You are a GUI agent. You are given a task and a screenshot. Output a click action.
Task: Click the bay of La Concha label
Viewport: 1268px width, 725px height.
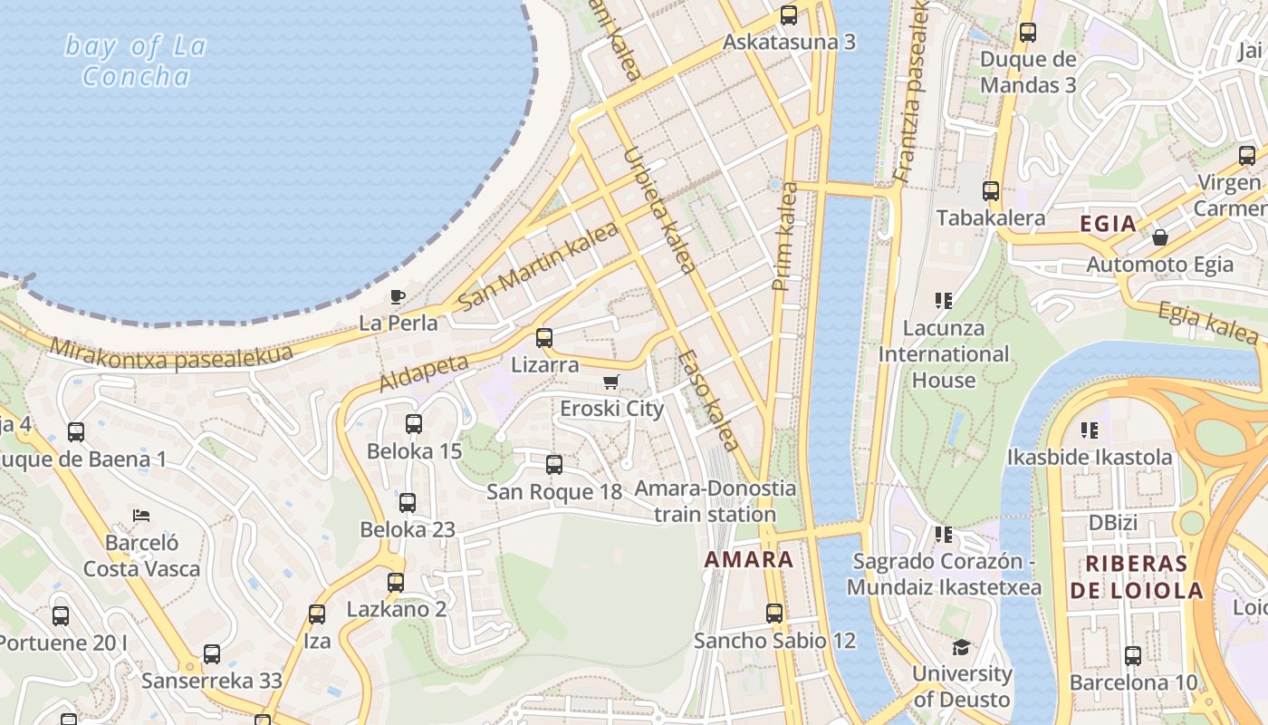click(x=136, y=61)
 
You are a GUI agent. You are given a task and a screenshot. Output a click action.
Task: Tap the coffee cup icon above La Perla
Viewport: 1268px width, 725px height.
click(x=397, y=296)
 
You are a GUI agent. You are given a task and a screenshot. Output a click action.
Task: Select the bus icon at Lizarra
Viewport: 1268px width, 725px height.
click(x=544, y=338)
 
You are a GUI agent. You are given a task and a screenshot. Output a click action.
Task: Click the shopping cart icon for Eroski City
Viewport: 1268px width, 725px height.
click(x=611, y=382)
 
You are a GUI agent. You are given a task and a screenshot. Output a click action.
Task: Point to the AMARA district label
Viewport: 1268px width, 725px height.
click(x=749, y=559)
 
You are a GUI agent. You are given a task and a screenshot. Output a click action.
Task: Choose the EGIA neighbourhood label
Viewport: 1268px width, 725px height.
click(x=1108, y=224)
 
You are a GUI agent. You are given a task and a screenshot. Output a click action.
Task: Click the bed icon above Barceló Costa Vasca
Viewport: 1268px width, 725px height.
click(x=140, y=516)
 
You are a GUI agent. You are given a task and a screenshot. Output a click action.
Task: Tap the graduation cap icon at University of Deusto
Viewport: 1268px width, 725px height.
click(x=961, y=647)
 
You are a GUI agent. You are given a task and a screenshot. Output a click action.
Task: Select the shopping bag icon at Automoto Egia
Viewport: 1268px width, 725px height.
click(x=1159, y=237)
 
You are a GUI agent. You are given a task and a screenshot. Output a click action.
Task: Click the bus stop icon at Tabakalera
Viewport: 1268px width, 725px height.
click(x=991, y=191)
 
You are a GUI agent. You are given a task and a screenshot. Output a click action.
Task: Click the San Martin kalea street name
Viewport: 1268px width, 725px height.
click(x=538, y=265)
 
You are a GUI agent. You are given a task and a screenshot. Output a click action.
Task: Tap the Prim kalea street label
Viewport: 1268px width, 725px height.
click(x=784, y=237)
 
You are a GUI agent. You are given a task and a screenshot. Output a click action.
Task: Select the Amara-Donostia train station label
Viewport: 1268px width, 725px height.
click(x=716, y=501)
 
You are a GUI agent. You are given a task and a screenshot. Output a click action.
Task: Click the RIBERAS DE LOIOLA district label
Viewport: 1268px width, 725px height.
click(x=1137, y=576)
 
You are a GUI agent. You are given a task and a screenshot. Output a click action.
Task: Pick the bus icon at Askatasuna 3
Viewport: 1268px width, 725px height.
click(x=789, y=15)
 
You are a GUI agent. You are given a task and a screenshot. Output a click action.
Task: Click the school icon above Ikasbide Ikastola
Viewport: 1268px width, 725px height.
click(x=1090, y=430)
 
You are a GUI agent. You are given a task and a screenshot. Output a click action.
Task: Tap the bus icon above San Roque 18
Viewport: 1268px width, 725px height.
click(x=554, y=465)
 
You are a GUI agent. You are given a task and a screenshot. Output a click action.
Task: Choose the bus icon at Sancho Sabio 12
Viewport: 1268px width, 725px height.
click(x=774, y=614)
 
